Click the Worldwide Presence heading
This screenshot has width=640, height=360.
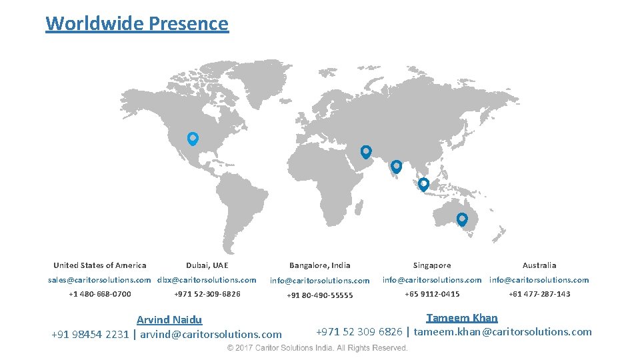click(x=137, y=23)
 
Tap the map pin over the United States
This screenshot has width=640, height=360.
click(x=193, y=138)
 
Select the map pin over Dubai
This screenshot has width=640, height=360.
click(x=365, y=151)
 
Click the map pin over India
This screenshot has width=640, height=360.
click(x=396, y=166)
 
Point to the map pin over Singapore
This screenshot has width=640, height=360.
click(x=423, y=184)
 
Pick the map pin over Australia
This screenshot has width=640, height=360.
click(x=462, y=219)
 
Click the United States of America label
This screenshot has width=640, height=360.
click(x=100, y=265)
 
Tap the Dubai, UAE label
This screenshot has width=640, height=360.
click(x=207, y=265)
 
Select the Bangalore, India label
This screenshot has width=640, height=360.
click(x=319, y=265)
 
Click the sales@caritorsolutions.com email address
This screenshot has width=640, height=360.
click(x=99, y=280)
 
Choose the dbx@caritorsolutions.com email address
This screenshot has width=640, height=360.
click(x=207, y=280)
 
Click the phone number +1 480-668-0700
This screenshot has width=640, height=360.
click(x=100, y=294)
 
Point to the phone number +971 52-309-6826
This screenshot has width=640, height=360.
click(x=207, y=294)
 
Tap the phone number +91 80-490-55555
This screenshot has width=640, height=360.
click(x=319, y=295)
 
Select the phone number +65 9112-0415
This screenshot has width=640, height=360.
click(x=432, y=294)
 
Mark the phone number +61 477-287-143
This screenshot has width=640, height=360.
click(x=539, y=294)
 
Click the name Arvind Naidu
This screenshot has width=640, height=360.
click(x=169, y=320)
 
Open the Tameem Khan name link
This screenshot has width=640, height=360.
click(x=462, y=318)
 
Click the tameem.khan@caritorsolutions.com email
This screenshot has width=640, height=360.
click(x=503, y=332)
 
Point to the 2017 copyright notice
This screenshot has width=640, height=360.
click(x=317, y=348)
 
